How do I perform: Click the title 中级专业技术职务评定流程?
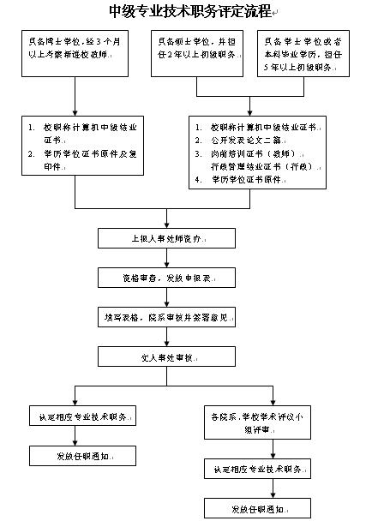point(189,11)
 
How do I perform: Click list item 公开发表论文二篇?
point(249,140)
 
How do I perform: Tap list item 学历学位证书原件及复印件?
point(81,159)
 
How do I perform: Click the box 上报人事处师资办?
point(166,237)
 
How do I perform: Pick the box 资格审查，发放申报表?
point(166,278)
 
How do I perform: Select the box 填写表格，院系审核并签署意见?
point(166,316)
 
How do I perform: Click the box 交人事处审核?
point(166,356)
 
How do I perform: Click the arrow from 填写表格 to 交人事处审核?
point(166,336)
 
